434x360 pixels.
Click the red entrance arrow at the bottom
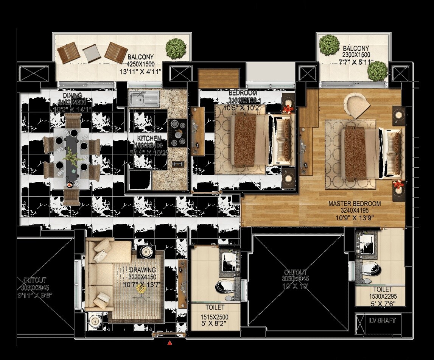170,343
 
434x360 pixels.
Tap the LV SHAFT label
382,321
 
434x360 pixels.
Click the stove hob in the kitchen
178,132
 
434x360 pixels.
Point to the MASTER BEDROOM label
355,204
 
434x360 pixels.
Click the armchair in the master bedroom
356,105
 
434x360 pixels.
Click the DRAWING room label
142,270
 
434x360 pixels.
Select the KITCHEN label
149,139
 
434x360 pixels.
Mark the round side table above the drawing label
146,251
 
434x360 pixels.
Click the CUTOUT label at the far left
35,281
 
